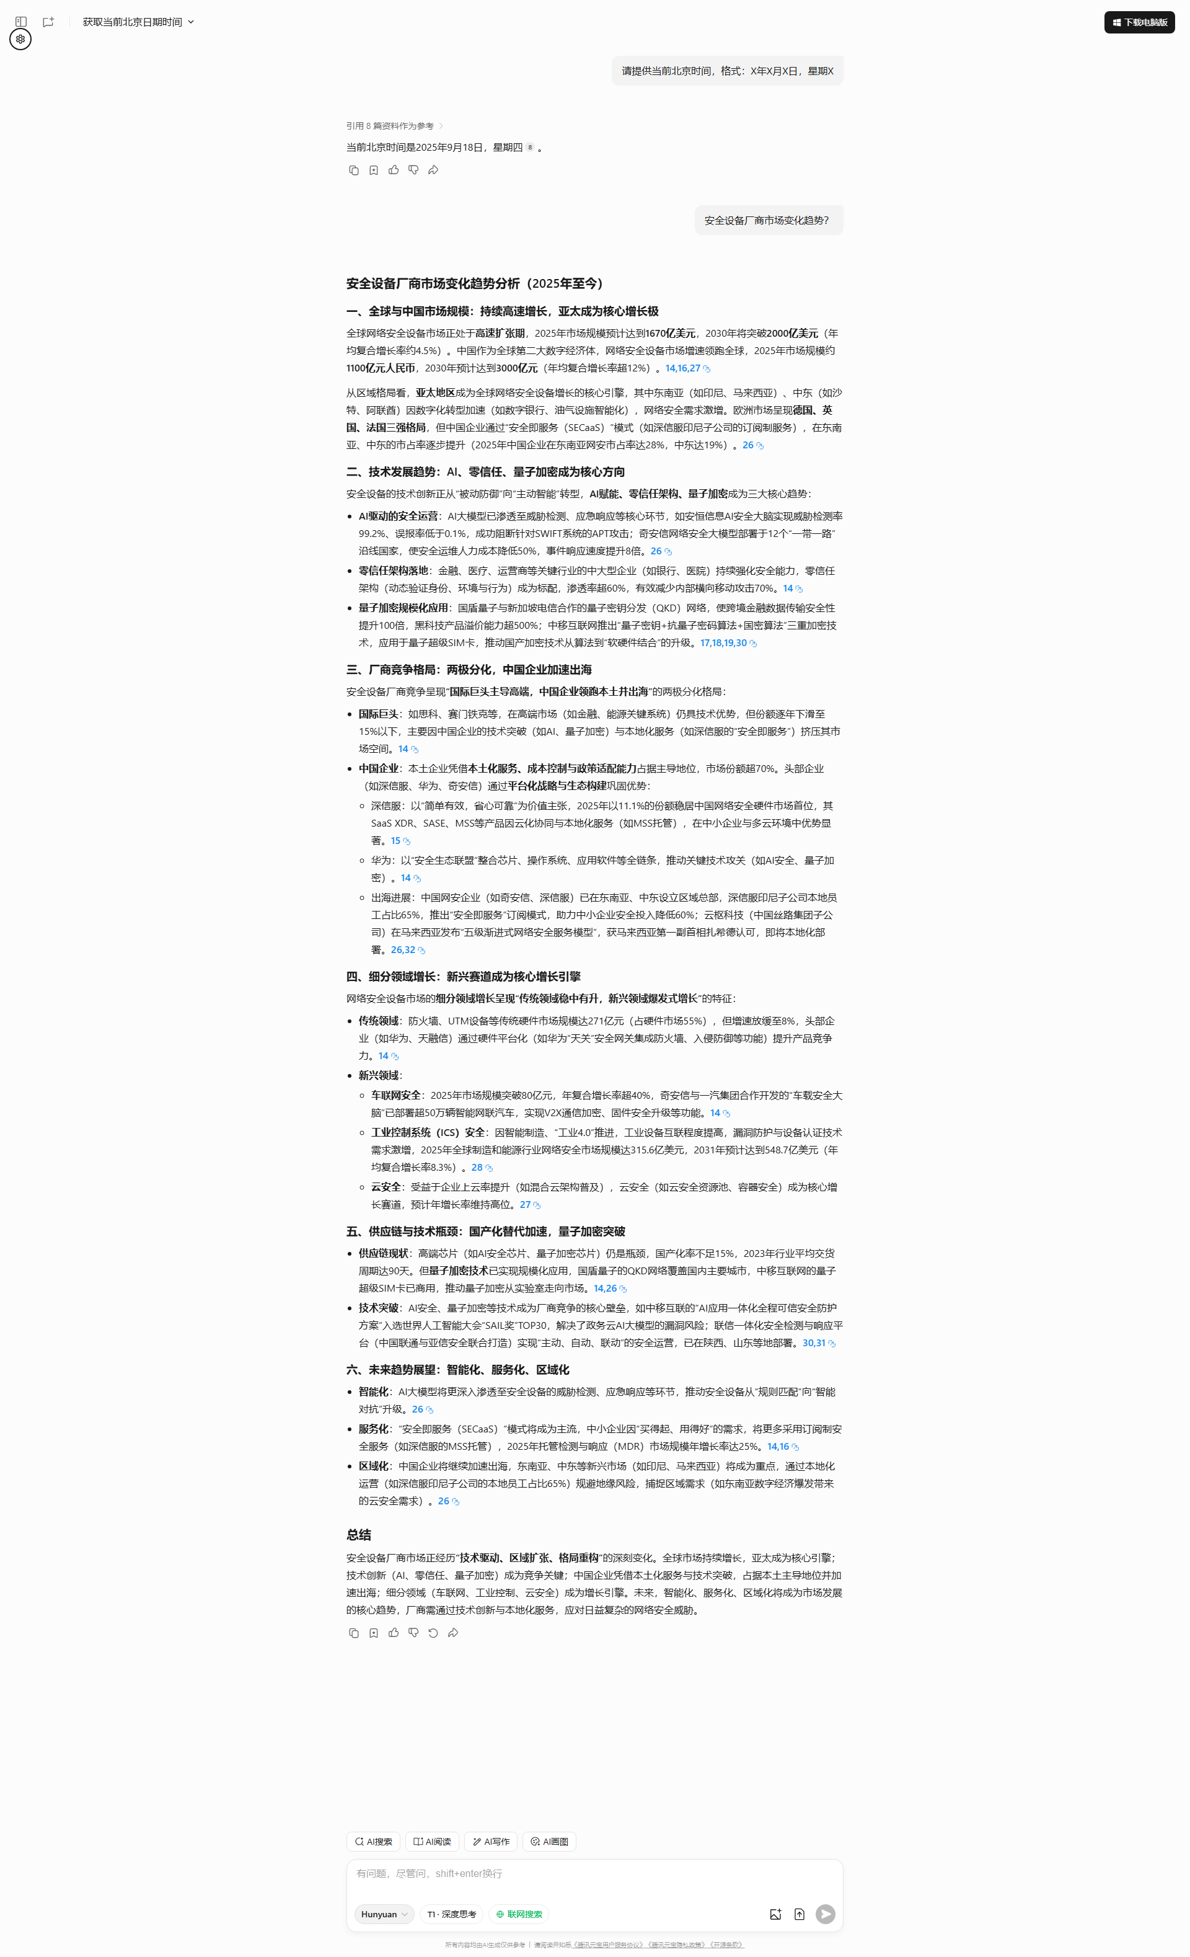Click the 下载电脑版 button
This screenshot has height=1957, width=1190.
tap(1139, 22)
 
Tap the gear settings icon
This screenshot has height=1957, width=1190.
tap(20, 39)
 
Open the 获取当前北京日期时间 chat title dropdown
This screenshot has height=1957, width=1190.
tap(138, 22)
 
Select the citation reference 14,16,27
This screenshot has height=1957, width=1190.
tap(683, 368)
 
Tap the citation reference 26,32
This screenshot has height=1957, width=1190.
tap(403, 950)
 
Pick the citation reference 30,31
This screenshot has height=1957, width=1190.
tap(814, 1343)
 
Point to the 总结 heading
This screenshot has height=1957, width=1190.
tap(359, 1535)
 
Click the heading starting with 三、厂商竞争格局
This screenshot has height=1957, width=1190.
tap(469, 670)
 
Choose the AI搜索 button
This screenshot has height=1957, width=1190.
tap(373, 1842)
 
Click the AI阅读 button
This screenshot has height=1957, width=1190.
tap(432, 1842)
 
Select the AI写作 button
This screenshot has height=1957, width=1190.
tap(491, 1842)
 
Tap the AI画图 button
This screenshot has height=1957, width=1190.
tap(549, 1842)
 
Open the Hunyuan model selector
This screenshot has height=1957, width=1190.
tap(384, 1914)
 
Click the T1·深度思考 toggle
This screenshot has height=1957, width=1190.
tap(452, 1914)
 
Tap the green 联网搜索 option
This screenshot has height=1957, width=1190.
tap(519, 1914)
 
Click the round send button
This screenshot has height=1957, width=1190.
tap(826, 1914)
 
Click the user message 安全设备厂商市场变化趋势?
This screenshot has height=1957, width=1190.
tap(767, 221)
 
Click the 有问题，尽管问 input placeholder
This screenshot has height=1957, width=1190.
tap(429, 1874)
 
